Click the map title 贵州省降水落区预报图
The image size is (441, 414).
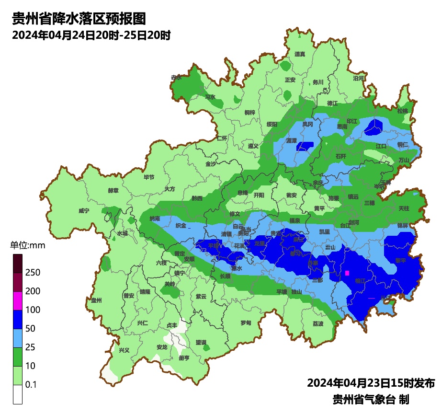[79, 19]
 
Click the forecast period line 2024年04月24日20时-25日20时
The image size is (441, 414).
[91, 35]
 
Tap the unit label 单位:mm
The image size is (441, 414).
[27, 246]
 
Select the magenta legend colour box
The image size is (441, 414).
[18, 300]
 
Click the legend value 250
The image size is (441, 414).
[33, 273]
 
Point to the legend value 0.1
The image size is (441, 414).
[32, 385]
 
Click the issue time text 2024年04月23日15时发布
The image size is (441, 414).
[371, 383]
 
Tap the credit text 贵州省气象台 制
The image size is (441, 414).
[371, 399]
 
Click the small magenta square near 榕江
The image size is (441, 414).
[347, 273]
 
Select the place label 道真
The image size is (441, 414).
[300, 54]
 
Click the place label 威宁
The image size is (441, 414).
[84, 211]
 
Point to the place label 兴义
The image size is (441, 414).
[124, 350]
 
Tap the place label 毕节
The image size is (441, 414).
[149, 177]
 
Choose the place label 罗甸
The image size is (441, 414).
[246, 323]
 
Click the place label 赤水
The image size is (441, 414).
[176, 77]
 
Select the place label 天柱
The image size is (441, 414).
[404, 208]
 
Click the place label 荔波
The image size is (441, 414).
[318, 323]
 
